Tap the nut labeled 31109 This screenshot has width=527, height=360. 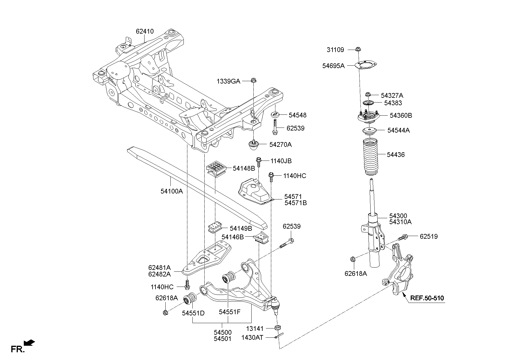[358, 49]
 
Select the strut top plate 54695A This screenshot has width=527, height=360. [366, 65]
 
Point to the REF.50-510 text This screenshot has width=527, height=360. [427, 298]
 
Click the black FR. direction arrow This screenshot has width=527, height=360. [29, 343]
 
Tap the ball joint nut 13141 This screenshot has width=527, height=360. [278, 328]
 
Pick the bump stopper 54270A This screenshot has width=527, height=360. [254, 145]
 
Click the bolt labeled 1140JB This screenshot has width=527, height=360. [259, 162]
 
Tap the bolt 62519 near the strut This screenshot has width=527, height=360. [402, 237]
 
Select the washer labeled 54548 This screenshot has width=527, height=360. [275, 115]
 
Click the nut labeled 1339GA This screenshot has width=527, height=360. [254, 80]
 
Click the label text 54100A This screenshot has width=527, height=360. [172, 191]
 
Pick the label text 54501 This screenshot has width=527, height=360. [222, 338]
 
